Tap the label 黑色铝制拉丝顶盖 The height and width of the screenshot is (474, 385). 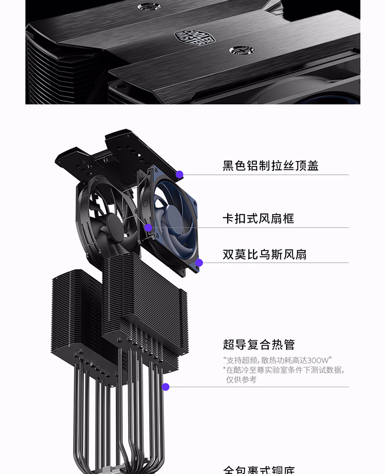coord(270,166)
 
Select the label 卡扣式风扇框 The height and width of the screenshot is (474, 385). coord(258,218)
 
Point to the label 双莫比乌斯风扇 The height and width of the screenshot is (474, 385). coord(265,254)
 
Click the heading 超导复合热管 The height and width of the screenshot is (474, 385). coord(259,345)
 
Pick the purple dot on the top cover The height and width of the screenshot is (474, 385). coord(179,174)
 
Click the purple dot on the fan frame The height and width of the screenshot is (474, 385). coord(148,227)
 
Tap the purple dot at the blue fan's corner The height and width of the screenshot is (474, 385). coord(199,263)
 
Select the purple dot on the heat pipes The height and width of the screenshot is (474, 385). coord(166,387)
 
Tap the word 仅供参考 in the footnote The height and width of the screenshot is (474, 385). coord(241,379)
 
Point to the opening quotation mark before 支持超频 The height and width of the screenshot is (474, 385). coord(225,359)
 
